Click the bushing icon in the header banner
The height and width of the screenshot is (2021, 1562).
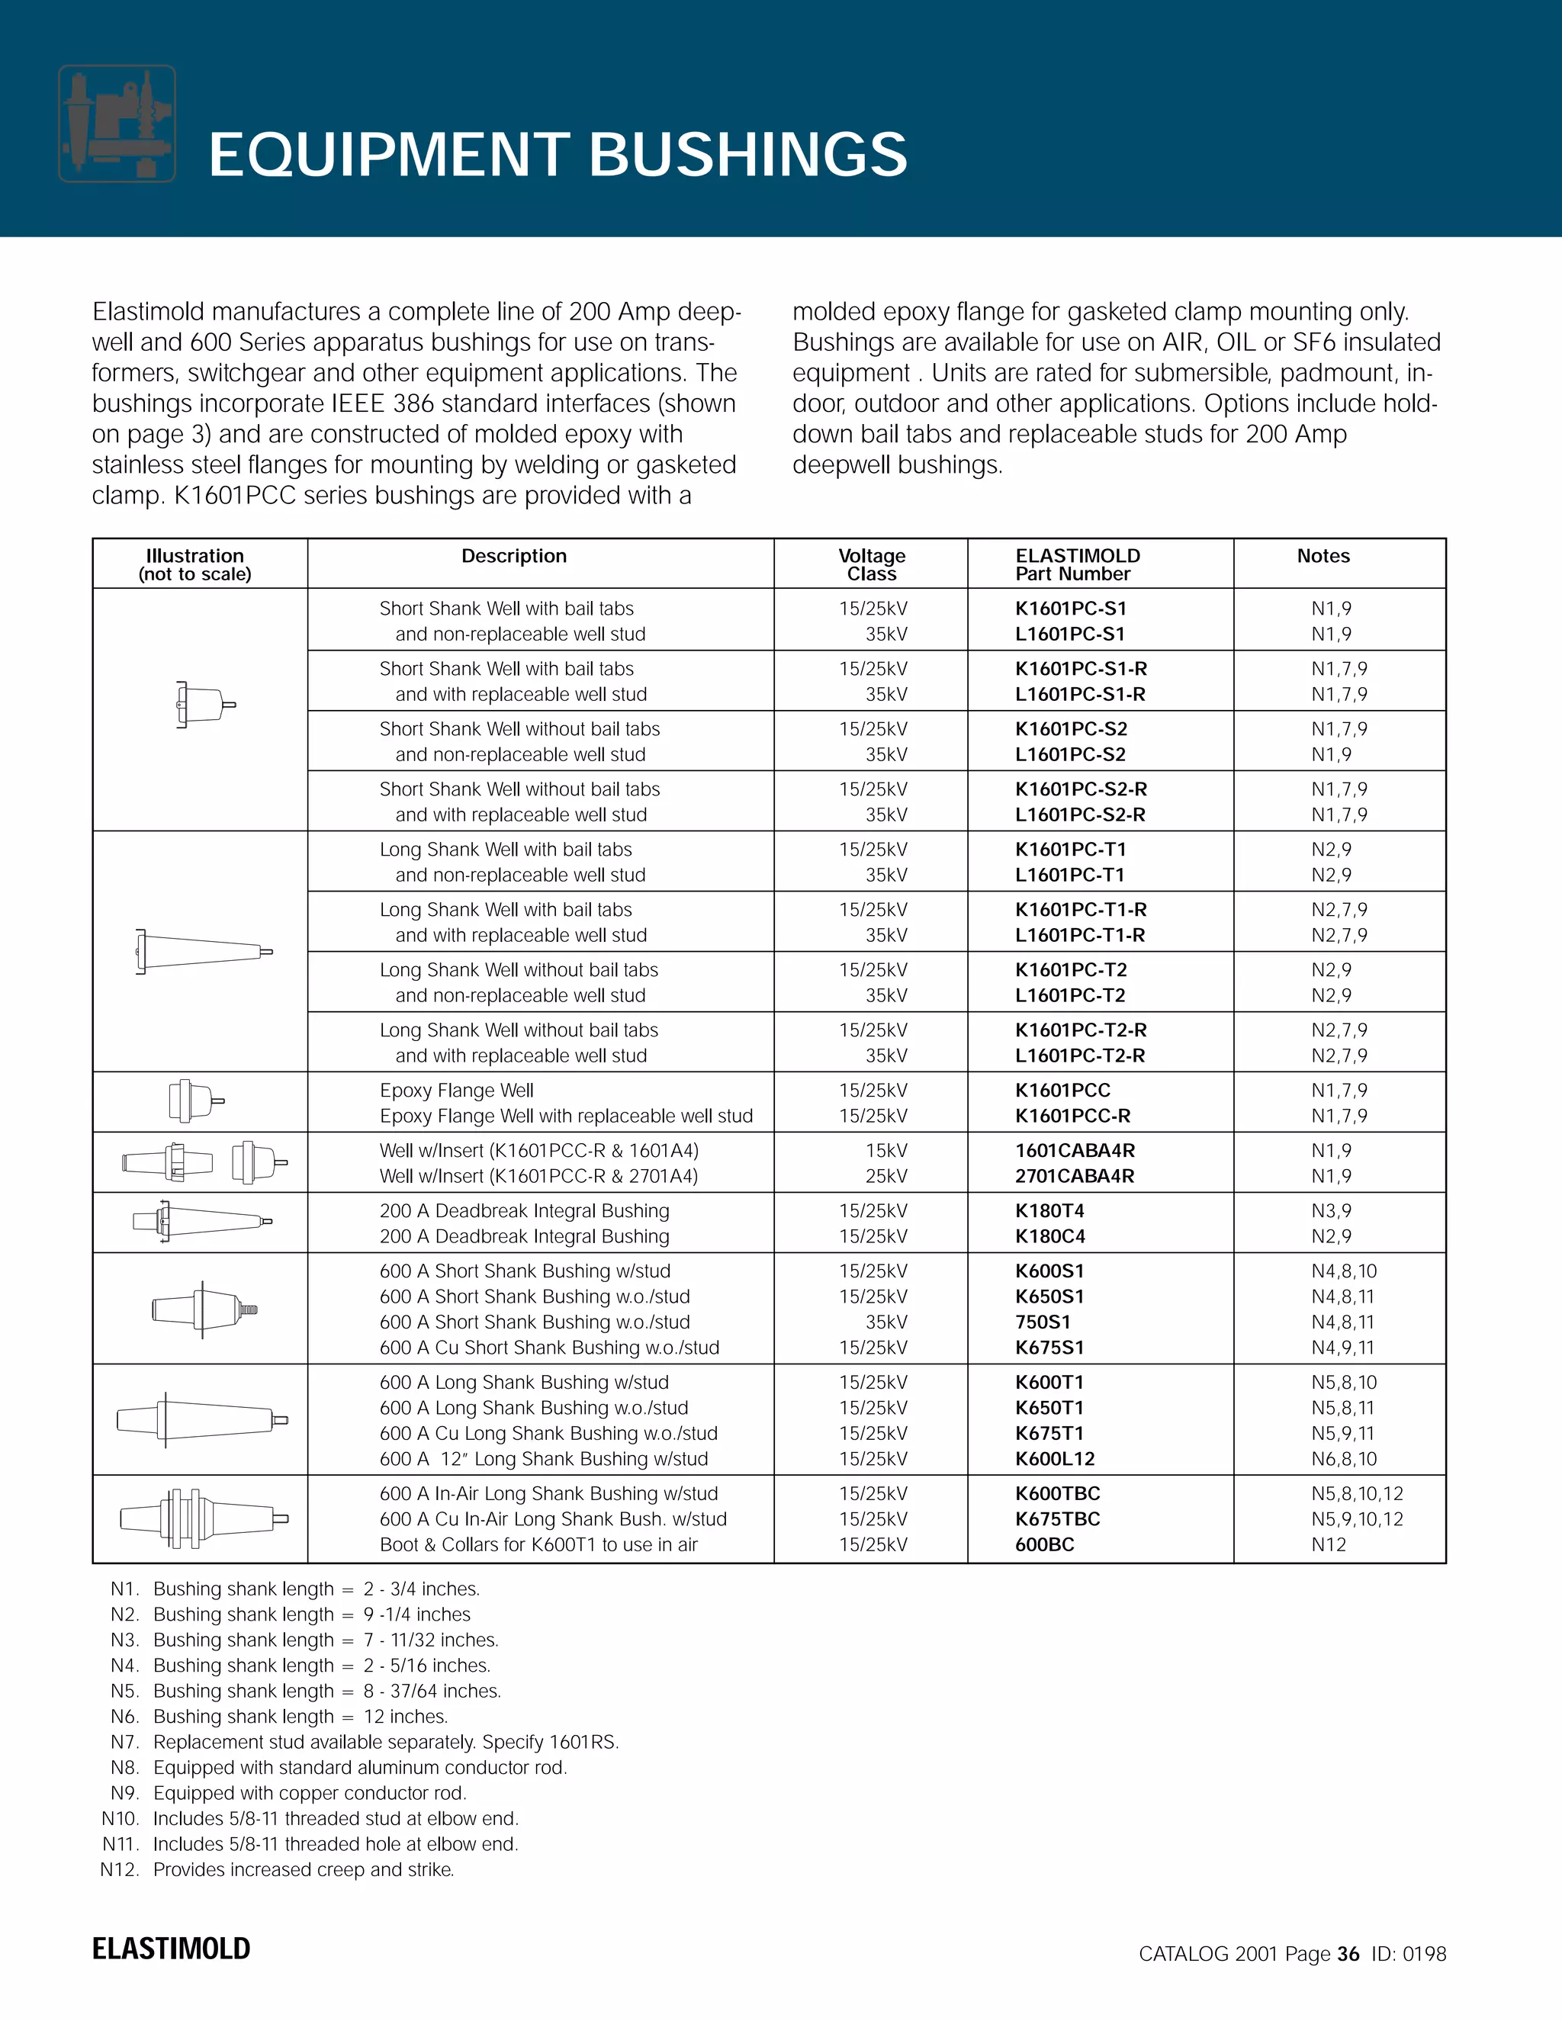pos(117,123)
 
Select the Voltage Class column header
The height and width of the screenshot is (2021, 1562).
pos(871,564)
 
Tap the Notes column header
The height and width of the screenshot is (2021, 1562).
pos(1323,556)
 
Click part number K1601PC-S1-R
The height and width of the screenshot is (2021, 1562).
pos(1081,668)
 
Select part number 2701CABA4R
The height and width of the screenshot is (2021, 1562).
pos(1075,1175)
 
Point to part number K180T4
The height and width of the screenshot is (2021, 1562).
pos(1049,1210)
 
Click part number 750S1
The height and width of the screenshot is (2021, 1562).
pos(1042,1322)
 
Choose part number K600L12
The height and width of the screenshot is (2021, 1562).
pos(1054,1458)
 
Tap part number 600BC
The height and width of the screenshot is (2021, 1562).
pos(1044,1544)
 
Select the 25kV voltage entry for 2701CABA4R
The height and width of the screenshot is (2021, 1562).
pos(886,1175)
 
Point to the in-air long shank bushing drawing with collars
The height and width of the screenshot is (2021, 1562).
pos(204,1518)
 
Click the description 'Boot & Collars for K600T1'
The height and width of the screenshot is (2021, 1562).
pos(538,1544)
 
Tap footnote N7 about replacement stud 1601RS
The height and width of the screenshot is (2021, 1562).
pos(365,1742)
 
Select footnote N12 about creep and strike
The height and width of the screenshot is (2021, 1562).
pos(278,1869)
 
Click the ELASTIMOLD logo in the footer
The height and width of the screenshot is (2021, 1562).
pos(171,1948)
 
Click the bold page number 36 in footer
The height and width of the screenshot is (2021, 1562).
pos(1348,1953)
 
